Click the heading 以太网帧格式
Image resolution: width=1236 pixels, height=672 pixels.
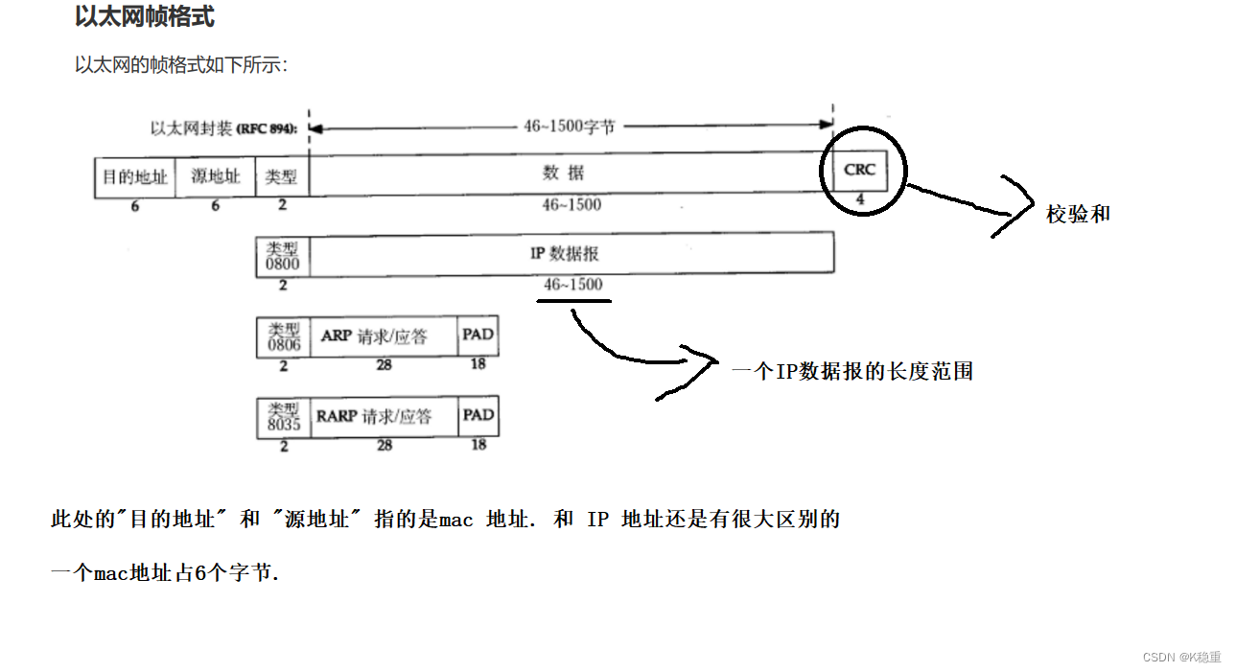145,17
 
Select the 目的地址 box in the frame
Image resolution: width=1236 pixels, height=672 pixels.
134,177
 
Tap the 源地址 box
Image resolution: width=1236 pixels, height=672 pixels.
216,177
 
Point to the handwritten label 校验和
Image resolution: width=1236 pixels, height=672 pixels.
1078,215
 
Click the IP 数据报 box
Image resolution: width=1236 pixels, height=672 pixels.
571,254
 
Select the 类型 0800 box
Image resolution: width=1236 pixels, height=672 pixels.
283,255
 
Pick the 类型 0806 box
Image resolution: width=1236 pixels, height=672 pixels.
283,336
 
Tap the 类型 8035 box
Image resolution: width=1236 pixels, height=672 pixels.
283,417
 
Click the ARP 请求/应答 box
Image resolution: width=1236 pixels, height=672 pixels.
384,336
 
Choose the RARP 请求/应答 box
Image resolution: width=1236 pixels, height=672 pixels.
384,417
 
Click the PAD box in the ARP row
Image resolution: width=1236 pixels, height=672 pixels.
478,336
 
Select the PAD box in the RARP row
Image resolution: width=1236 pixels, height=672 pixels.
478,416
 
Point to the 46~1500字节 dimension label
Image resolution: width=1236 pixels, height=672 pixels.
569,127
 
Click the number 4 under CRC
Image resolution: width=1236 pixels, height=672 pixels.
860,200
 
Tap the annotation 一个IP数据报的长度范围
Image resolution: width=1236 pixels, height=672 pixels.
852,371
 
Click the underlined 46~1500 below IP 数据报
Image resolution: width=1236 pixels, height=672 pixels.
573,285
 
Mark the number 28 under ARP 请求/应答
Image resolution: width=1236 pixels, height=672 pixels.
384,364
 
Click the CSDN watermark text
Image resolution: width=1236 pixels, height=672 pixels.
1181,657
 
